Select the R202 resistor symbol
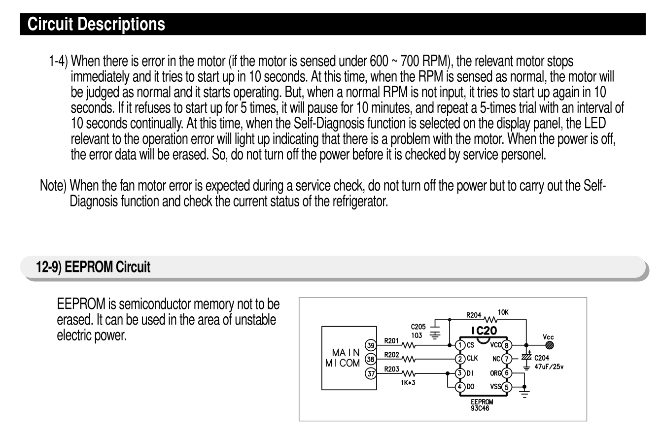[x=408, y=359]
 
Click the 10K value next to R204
[x=503, y=312]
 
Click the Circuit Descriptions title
[x=96, y=24]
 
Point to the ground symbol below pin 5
[x=524, y=393]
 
